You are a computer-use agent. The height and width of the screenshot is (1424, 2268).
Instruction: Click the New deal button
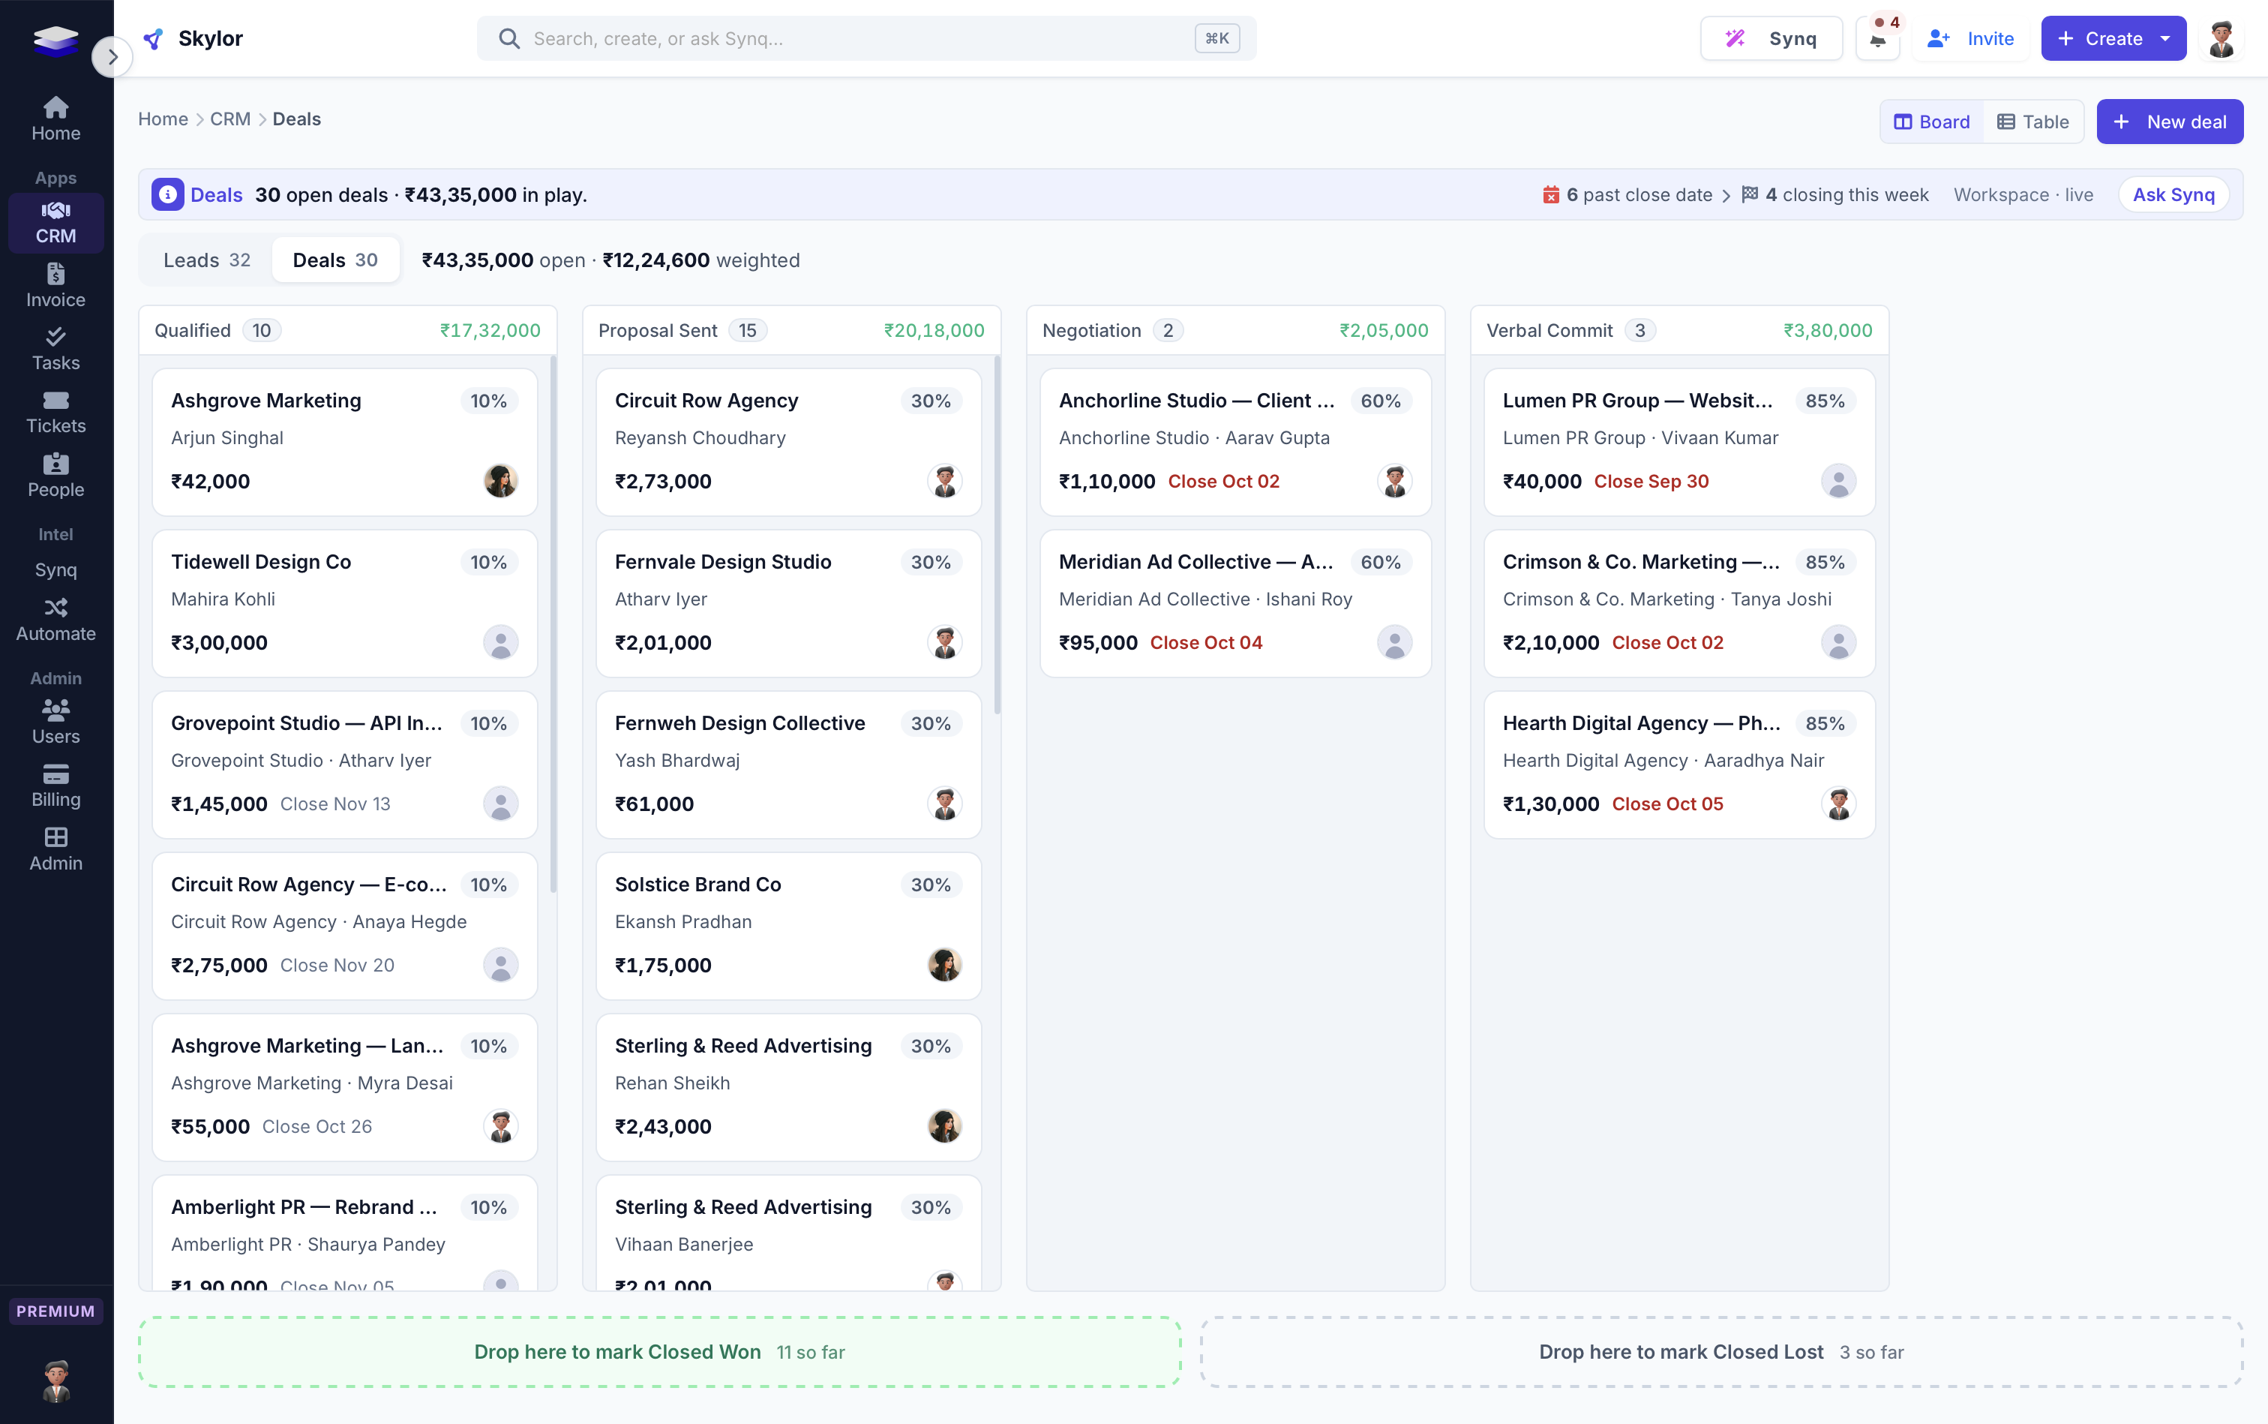point(2169,122)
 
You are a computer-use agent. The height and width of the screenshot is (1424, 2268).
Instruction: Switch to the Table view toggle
point(2032,122)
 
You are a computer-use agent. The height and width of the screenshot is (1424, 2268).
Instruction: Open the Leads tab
point(207,260)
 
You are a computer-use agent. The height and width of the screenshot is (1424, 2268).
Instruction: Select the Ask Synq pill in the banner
point(2173,195)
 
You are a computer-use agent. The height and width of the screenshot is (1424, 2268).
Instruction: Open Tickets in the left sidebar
point(55,413)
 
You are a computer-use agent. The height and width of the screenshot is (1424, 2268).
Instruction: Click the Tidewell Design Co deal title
point(261,562)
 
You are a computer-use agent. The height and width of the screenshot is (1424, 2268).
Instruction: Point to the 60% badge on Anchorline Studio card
point(1380,401)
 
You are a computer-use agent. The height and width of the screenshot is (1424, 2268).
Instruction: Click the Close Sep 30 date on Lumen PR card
point(1651,481)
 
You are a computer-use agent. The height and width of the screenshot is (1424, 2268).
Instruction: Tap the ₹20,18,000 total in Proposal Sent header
point(934,331)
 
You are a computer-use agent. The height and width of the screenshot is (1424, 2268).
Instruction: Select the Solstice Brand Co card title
point(697,885)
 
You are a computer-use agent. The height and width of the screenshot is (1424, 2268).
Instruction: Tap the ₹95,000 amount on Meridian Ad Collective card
point(1098,642)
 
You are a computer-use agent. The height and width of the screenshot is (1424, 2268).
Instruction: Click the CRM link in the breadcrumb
point(231,119)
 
